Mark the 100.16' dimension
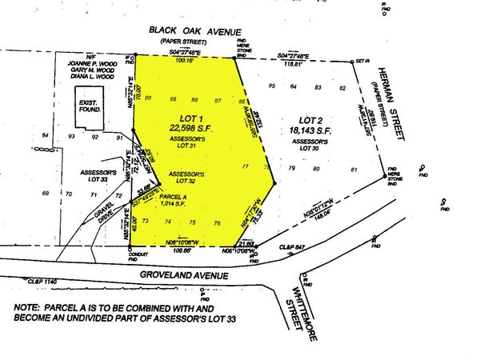tap(186, 59)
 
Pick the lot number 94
tap(46, 137)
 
